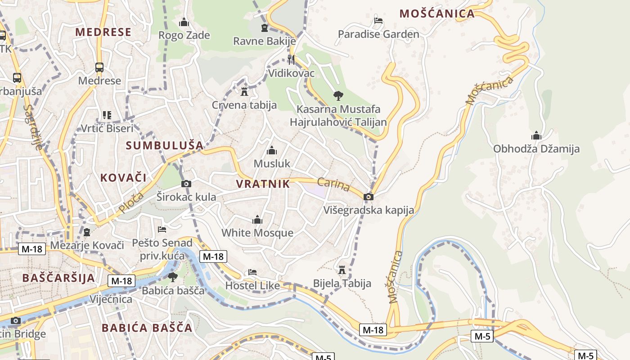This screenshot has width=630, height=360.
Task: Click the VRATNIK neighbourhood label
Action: click(x=263, y=184)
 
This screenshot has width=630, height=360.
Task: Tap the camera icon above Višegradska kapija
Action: click(x=369, y=197)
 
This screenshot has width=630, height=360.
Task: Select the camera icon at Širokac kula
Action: click(x=186, y=184)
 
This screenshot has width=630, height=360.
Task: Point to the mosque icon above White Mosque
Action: click(x=257, y=220)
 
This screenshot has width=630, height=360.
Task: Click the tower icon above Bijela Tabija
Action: click(x=342, y=270)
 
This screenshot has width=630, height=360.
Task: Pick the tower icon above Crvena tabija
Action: click(x=244, y=92)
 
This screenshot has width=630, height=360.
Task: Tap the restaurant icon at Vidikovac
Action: click(x=291, y=59)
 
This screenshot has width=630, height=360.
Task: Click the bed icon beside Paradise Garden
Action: click(x=378, y=21)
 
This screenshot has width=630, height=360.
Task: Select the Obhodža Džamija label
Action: click(x=536, y=148)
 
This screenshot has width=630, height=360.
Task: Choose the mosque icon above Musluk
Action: click(x=272, y=150)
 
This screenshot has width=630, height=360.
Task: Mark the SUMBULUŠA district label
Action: click(x=165, y=145)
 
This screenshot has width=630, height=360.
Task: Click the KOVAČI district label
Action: click(x=123, y=177)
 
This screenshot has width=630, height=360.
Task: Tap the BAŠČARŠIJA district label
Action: click(x=58, y=278)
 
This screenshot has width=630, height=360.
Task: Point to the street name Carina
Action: click(x=333, y=184)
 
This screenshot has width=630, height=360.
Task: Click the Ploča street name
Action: click(x=131, y=202)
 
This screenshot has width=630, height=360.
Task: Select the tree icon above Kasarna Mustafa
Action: click(x=338, y=95)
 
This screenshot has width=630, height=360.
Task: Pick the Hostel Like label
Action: click(x=252, y=285)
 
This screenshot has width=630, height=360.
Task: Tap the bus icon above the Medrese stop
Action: click(x=99, y=67)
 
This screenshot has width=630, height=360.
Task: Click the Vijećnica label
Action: click(x=111, y=299)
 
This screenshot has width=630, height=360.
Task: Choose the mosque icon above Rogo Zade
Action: click(x=184, y=22)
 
